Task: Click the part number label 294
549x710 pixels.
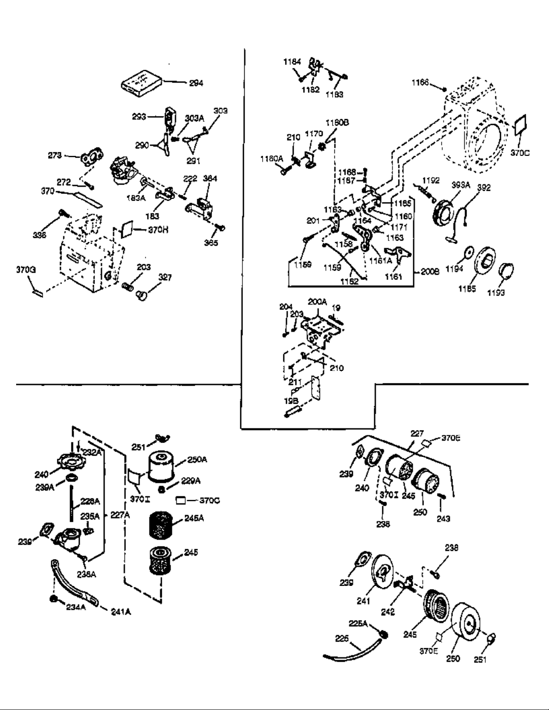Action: point(195,83)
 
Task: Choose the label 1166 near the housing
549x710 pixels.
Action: point(420,82)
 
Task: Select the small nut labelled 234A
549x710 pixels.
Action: point(54,599)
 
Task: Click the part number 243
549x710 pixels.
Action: point(443,519)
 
